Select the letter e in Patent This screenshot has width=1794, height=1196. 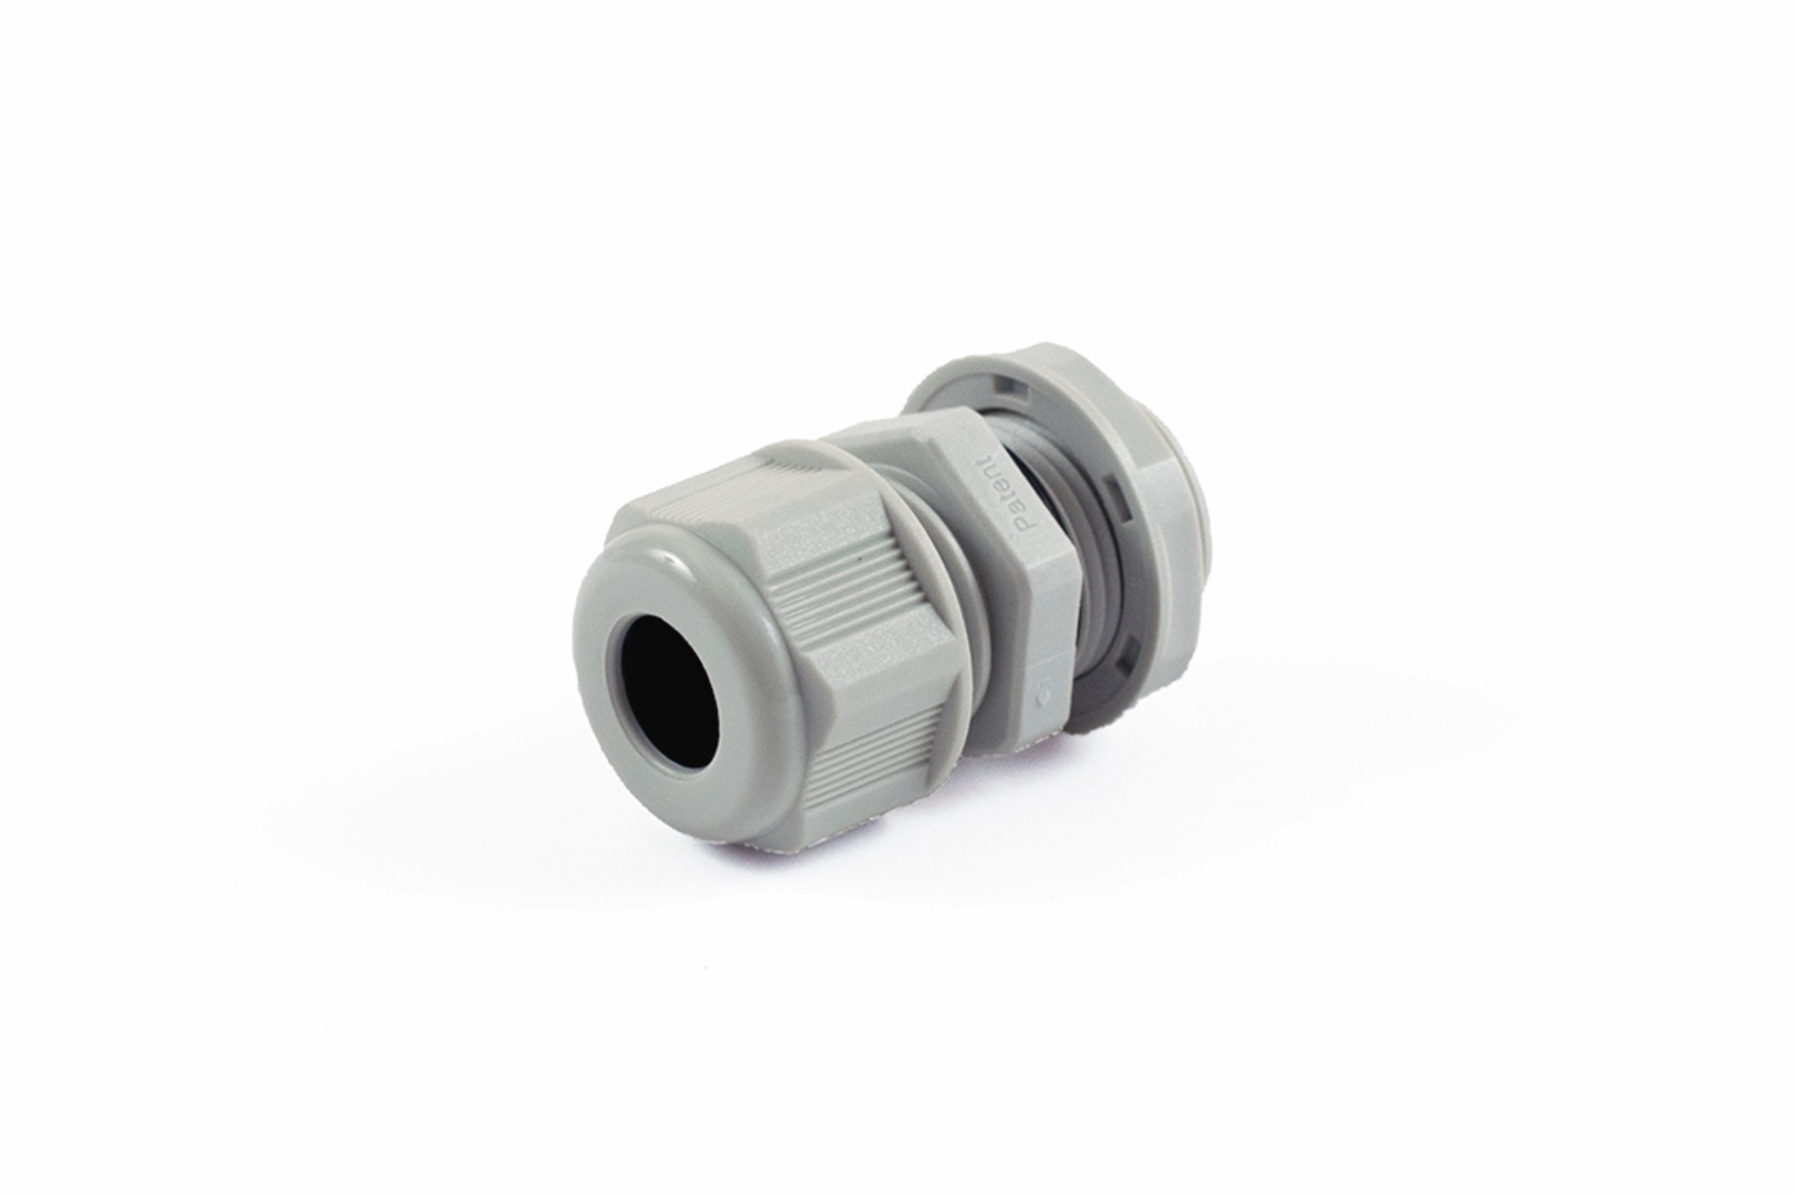click(x=1002, y=490)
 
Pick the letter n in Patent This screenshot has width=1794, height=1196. click(x=993, y=477)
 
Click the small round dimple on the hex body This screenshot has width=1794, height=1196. click(x=1044, y=696)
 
